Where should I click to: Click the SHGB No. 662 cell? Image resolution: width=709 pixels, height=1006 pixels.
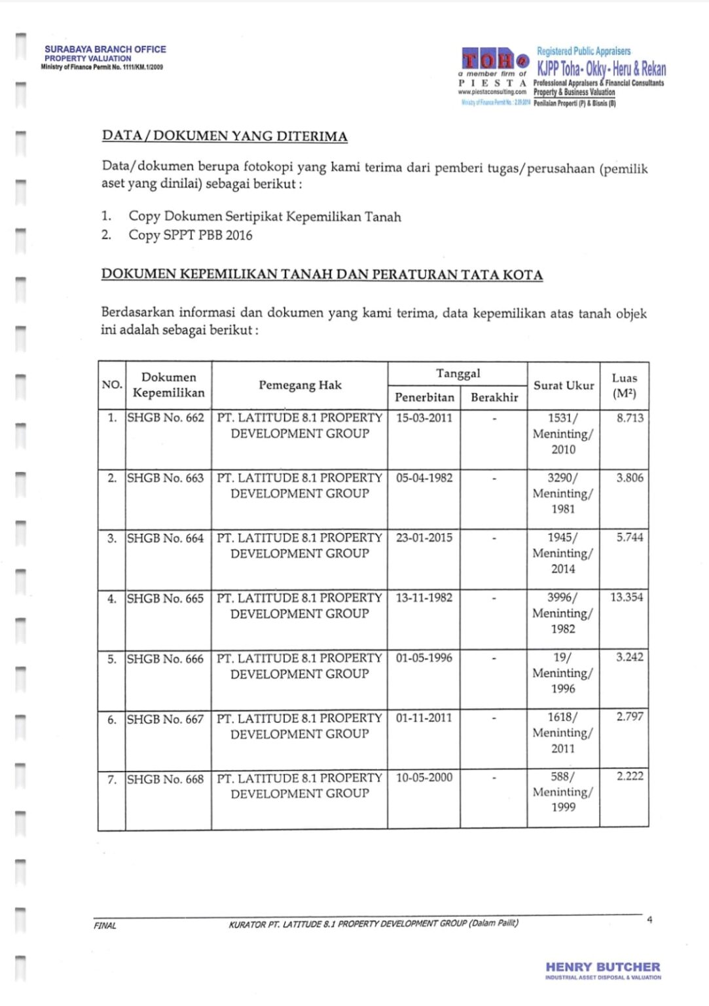166,418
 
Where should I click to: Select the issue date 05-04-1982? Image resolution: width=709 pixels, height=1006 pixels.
424,478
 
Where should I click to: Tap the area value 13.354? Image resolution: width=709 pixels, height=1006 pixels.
627,597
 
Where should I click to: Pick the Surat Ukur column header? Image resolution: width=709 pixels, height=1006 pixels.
564,386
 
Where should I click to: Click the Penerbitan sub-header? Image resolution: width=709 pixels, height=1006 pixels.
424,398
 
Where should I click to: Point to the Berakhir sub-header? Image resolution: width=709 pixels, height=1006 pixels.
494,398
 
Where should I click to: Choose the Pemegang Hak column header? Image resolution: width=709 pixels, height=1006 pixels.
300,385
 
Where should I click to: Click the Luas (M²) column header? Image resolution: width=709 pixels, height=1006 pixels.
624,386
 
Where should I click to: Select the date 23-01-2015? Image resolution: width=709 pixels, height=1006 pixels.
424,538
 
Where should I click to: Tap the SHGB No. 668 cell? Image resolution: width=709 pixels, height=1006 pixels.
166,779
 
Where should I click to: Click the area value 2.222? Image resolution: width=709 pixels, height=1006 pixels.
630,776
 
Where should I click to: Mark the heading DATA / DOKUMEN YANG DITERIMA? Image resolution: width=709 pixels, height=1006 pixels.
225,136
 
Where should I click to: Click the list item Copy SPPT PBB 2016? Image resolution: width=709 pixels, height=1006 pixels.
190,235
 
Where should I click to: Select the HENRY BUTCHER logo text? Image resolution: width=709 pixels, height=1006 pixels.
603,967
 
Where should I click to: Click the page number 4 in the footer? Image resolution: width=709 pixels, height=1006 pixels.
649,920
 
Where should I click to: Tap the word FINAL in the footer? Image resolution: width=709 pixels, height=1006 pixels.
105,925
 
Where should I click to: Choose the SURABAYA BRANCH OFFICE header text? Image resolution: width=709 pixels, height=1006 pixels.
105,49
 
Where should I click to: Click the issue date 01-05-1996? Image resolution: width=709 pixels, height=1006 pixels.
424,658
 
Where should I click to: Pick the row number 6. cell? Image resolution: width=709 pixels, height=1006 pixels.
112,719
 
